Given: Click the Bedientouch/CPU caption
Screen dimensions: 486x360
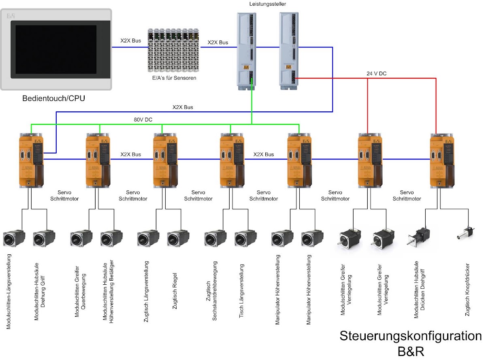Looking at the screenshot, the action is click(x=54, y=98).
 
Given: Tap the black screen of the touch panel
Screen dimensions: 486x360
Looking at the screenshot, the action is click(x=56, y=49).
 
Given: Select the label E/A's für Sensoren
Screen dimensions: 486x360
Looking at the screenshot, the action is click(x=174, y=78).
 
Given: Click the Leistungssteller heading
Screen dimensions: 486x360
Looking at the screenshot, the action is click(x=268, y=4).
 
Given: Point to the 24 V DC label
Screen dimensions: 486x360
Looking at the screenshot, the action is click(x=376, y=73).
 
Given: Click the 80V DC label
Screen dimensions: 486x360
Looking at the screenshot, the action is click(x=143, y=119).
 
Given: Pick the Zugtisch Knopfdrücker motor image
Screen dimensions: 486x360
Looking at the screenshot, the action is click(x=466, y=233).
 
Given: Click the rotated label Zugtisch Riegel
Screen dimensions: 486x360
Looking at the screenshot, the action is click(x=175, y=291).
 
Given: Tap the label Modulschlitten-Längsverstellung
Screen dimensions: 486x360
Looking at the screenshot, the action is click(x=9, y=292).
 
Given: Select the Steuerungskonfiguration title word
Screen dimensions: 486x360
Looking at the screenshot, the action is click(x=411, y=336).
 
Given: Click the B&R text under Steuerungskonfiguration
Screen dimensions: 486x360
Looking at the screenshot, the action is click(x=411, y=351).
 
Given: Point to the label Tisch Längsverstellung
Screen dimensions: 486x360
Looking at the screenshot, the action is click(x=241, y=291).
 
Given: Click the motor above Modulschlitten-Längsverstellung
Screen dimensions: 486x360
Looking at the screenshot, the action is click(x=14, y=239).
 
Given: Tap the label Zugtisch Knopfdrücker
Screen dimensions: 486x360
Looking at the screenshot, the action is click(x=467, y=290).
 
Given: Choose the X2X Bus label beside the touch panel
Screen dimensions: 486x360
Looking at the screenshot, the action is click(x=130, y=40).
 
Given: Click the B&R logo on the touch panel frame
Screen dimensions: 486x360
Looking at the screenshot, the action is click(x=11, y=16).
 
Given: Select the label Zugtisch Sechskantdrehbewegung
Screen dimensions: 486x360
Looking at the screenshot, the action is click(x=211, y=291).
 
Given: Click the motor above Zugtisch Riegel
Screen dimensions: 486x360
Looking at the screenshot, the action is click(x=178, y=239).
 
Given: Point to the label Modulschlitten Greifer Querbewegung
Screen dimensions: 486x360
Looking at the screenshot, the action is click(x=80, y=292).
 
